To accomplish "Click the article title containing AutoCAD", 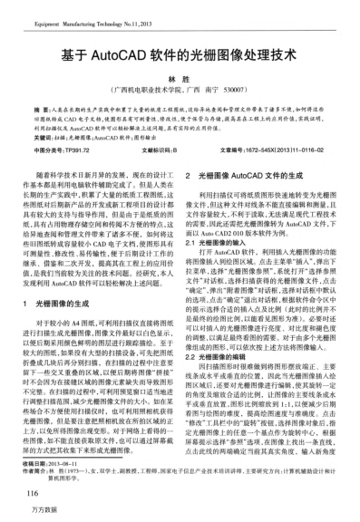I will pos(179,54).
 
